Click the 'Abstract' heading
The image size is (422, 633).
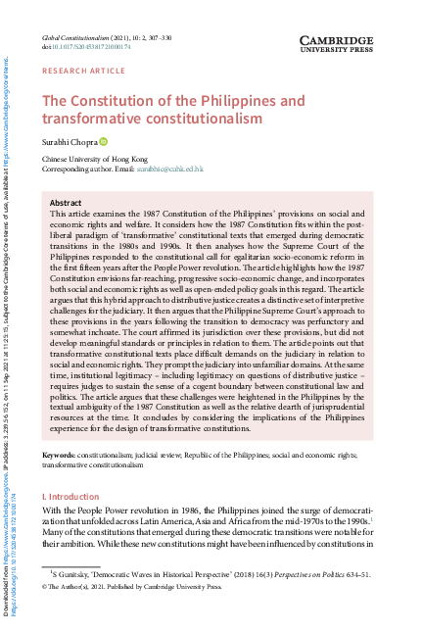(x=66, y=202)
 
